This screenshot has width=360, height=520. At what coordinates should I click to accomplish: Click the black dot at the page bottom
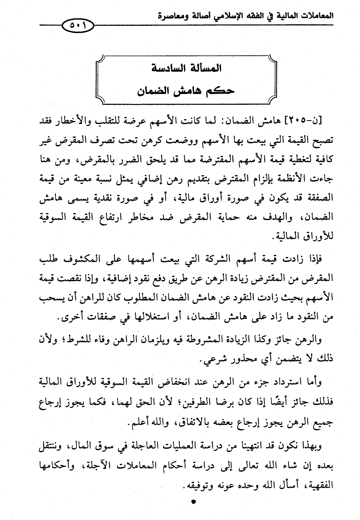click(x=194, y=502)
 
